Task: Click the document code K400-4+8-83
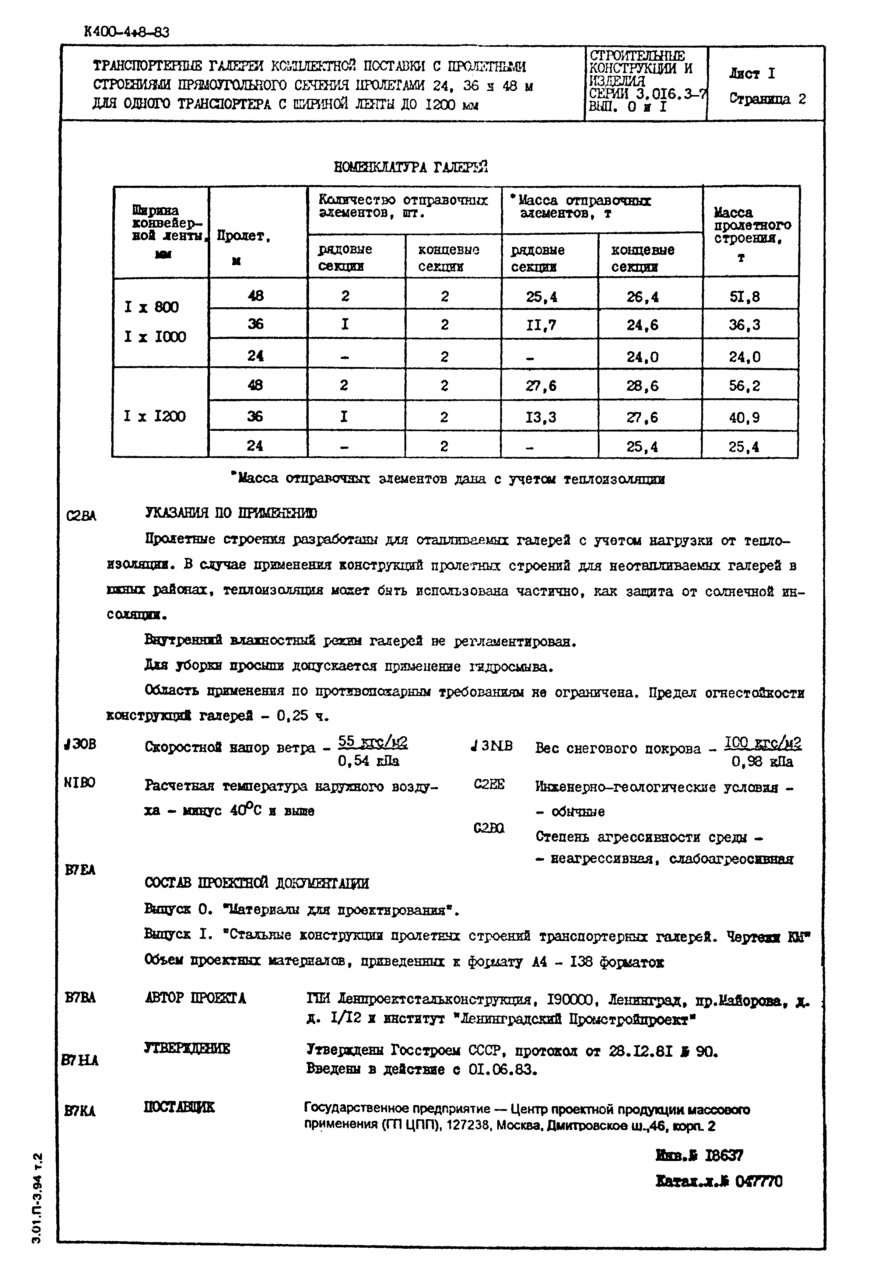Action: (126, 32)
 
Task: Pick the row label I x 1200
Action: (155, 417)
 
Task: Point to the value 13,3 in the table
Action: (541, 417)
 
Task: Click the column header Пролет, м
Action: (244, 248)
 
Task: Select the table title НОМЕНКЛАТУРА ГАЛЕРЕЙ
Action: (410, 167)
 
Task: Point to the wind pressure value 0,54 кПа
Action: (368, 761)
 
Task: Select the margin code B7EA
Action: (80, 870)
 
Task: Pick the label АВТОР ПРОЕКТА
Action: (195, 998)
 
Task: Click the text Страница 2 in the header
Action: (767, 99)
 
